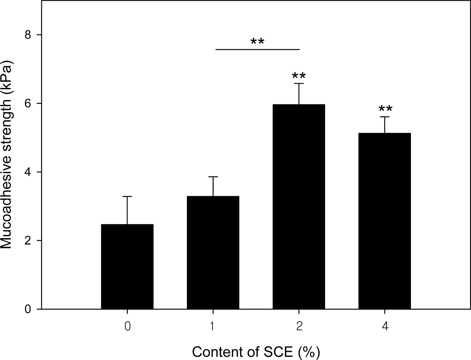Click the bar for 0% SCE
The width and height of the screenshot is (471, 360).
point(127,266)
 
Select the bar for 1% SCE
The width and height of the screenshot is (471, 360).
point(213,252)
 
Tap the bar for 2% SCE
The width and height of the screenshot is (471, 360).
point(299,207)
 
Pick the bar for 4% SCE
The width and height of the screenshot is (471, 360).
point(385,221)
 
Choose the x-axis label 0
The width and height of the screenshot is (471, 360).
point(127,326)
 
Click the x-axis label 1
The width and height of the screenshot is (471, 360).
point(213,326)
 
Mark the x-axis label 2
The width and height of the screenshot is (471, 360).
point(299,326)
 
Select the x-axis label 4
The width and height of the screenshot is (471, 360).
point(385,326)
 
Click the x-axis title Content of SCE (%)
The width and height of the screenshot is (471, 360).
point(256,351)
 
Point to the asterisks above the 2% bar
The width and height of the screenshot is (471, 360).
point(299,76)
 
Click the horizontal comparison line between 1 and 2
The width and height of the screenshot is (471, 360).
point(257,49)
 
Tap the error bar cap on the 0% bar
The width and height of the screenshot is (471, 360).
point(127,197)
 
